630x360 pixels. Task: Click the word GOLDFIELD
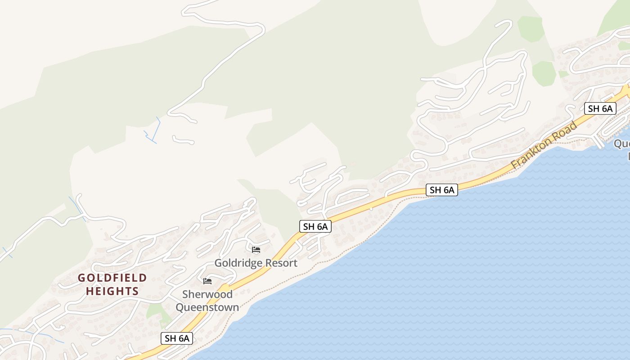(x=112, y=278)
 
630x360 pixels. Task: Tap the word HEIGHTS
(x=112, y=291)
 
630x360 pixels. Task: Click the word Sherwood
(x=207, y=295)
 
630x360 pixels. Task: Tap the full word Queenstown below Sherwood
(x=207, y=308)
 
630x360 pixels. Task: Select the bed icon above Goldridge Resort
(x=256, y=250)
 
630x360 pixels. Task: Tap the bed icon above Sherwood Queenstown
(x=207, y=281)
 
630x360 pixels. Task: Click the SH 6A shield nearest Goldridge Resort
(x=315, y=226)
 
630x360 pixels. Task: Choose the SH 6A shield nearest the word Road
(x=600, y=108)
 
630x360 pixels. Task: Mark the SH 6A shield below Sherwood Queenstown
(x=177, y=338)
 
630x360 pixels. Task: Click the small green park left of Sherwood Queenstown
(x=154, y=310)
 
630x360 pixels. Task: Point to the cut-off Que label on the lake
(x=623, y=144)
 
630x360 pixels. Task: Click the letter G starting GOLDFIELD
(x=81, y=278)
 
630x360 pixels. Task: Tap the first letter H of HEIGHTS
(x=89, y=291)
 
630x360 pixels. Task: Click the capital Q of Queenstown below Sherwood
(x=180, y=308)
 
